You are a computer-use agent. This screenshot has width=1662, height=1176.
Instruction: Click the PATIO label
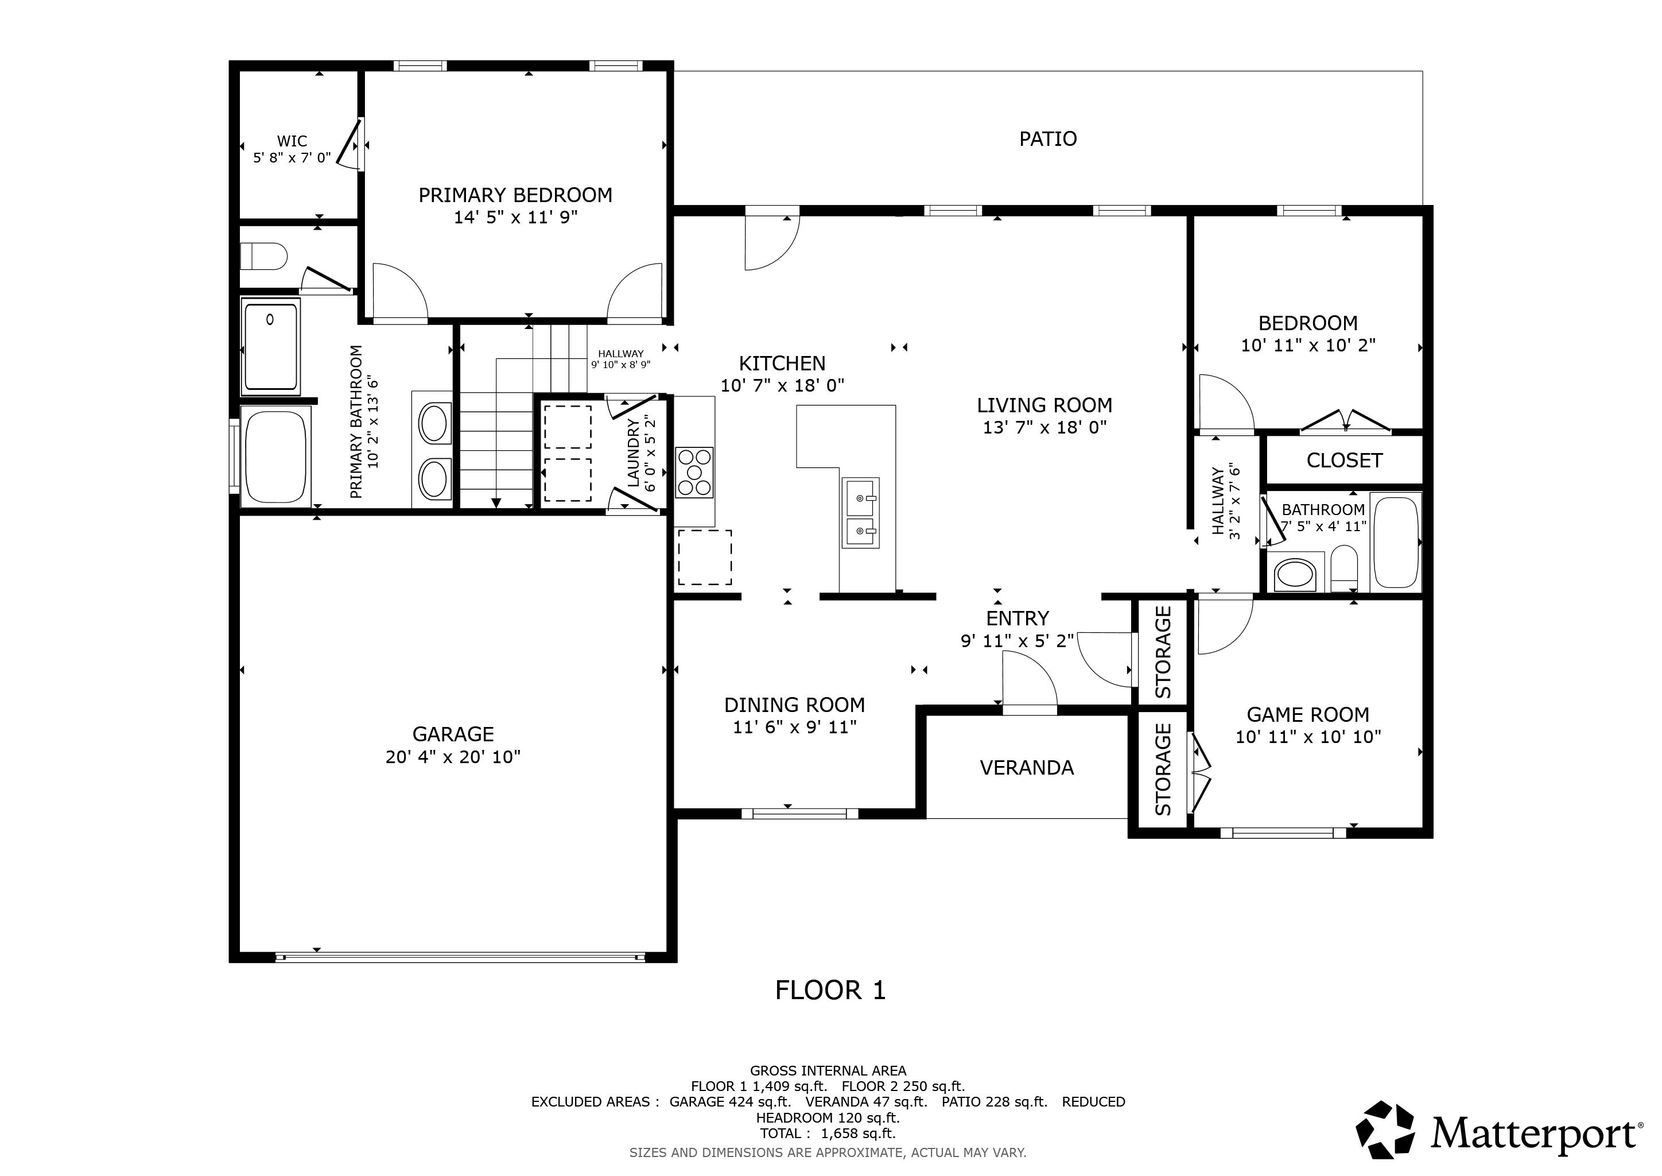[1047, 138]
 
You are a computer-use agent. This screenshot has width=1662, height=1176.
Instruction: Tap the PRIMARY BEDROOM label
[515, 195]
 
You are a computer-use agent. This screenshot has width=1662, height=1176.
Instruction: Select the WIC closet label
[292, 141]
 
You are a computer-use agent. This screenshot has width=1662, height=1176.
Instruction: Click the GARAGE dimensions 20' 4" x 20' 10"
[453, 757]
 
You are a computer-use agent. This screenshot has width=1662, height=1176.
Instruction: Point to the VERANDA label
[1027, 768]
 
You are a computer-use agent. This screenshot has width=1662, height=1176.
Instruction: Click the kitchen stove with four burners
[694, 472]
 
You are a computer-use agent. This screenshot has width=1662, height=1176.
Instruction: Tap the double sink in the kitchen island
[861, 513]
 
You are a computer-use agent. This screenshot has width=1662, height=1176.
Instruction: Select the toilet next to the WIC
[263, 256]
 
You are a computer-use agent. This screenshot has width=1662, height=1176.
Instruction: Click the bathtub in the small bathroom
[1396, 541]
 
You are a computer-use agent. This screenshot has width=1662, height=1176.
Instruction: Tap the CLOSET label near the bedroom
[1344, 461]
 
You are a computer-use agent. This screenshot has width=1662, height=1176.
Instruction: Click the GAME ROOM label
[1308, 715]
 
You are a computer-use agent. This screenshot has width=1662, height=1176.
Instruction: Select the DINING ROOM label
[795, 705]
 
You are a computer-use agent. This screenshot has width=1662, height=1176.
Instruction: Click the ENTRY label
[1017, 618]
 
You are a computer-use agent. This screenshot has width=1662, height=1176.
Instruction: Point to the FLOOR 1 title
[830, 991]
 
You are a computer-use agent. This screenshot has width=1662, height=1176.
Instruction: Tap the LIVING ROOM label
[1044, 405]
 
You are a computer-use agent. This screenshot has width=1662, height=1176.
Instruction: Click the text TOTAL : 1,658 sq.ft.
[828, 1134]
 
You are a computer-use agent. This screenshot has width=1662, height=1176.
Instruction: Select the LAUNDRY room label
[634, 452]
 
